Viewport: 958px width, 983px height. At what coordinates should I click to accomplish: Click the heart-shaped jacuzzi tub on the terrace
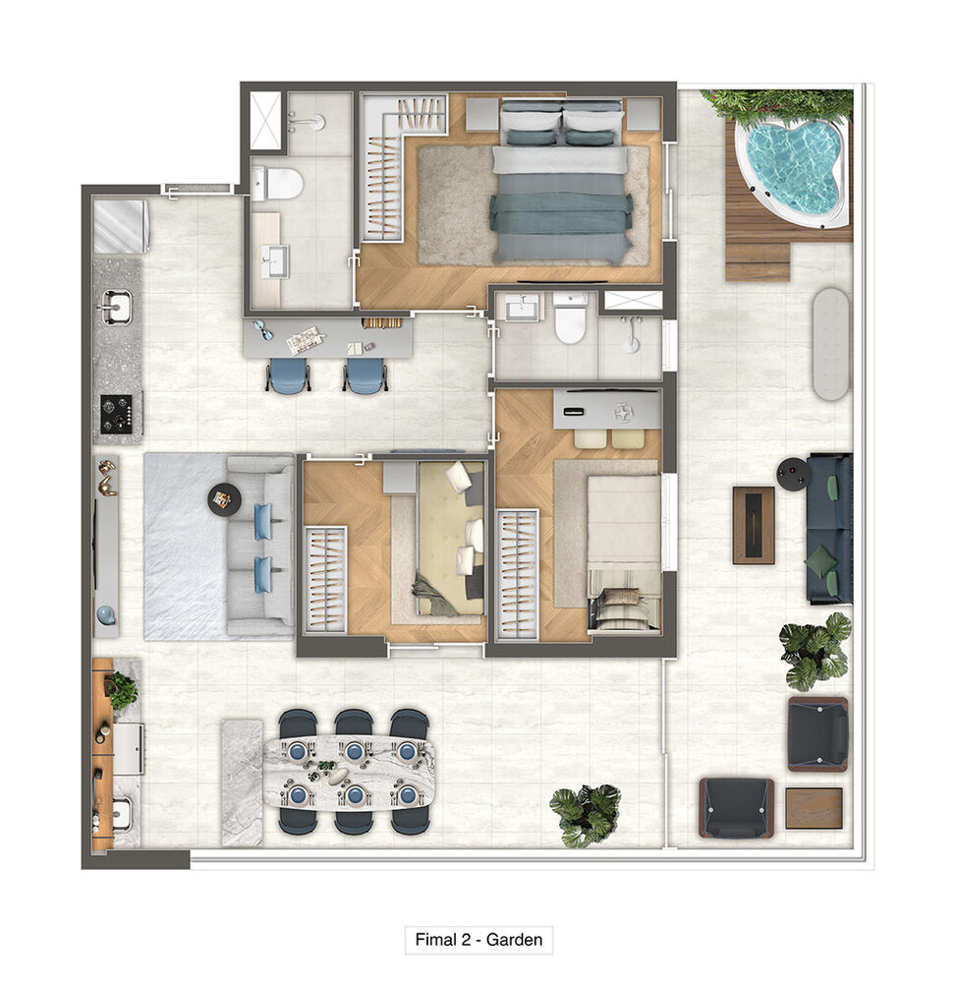point(792,165)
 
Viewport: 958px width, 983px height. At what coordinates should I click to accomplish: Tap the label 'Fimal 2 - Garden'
point(479,940)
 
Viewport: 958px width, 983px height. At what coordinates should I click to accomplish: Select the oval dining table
point(349,772)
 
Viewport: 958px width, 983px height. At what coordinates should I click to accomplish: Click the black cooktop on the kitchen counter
point(117,413)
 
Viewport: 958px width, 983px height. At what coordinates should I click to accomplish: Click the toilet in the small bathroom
point(569,320)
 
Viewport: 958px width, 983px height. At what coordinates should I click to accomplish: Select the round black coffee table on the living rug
point(223,499)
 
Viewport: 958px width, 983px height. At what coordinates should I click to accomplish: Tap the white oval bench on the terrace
point(830,343)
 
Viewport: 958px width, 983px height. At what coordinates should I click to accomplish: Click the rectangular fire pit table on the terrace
point(753,525)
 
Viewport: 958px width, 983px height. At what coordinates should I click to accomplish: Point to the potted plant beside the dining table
point(586,814)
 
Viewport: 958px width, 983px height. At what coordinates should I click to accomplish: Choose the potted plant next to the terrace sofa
point(815,650)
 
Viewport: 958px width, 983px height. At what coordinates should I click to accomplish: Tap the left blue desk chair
point(289,376)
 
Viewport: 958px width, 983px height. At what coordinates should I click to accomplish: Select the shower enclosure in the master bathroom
point(265,120)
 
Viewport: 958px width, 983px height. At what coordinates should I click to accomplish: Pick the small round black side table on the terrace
point(791,474)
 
